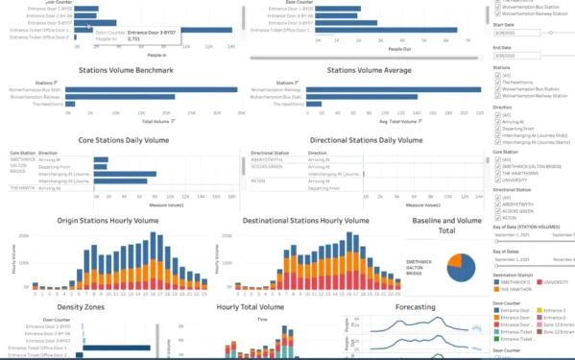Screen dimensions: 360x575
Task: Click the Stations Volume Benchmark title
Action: (123, 70)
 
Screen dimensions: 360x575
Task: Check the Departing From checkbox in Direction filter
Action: (496, 129)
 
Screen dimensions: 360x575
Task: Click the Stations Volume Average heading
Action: (370, 70)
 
